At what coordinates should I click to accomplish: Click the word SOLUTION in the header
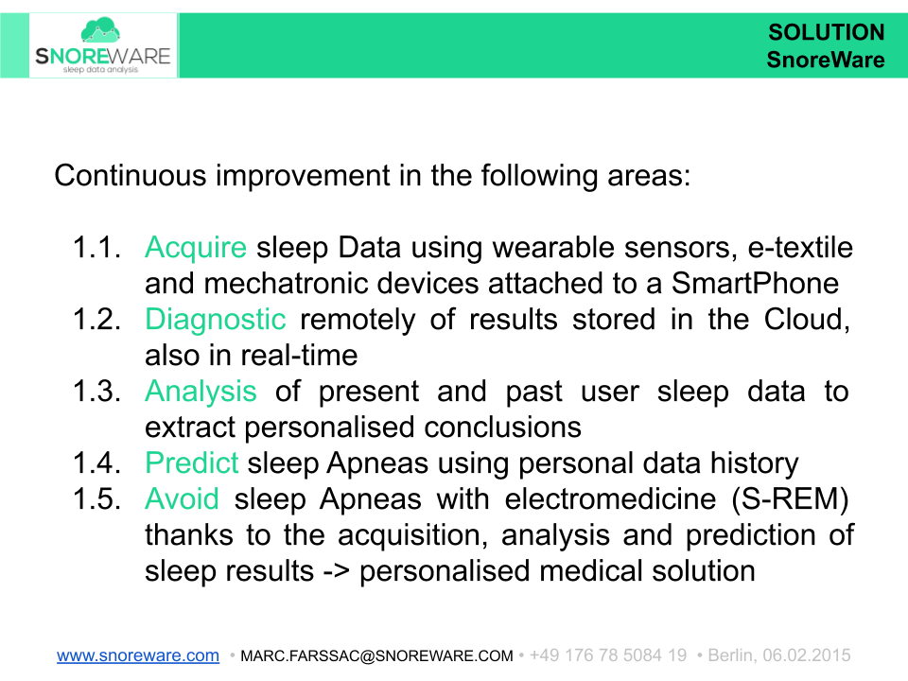[826, 32]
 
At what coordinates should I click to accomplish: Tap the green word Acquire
[195, 249]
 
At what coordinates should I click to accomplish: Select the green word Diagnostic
[215, 320]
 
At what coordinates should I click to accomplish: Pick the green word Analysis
[201, 392]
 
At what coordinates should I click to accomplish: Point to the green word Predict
[192, 463]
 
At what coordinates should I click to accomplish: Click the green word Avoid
[182, 498]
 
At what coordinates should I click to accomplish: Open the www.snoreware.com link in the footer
[138, 655]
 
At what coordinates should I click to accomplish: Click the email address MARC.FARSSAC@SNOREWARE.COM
[376, 655]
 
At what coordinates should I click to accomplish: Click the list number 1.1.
[96, 249]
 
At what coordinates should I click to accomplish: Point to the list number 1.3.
[96, 392]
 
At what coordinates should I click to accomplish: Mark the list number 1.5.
[96, 498]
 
